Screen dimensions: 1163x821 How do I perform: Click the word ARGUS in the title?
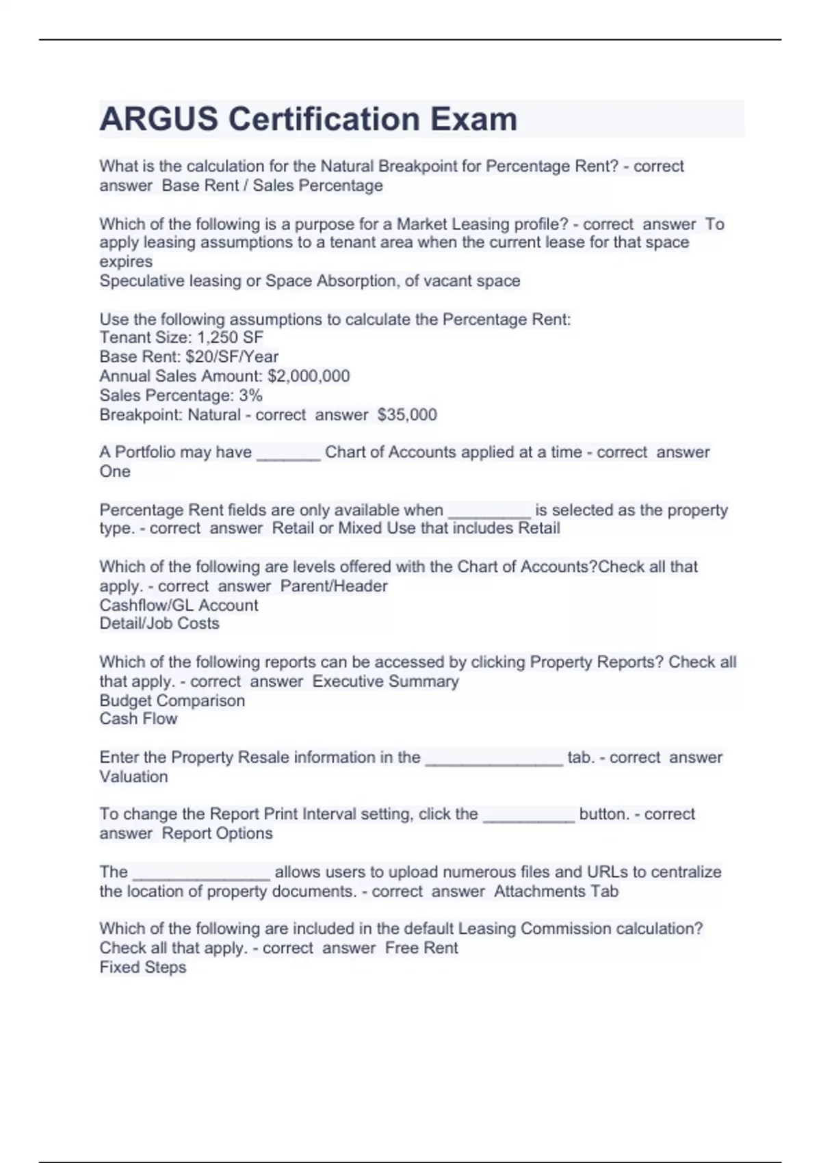158,119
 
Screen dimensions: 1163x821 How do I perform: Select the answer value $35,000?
407,415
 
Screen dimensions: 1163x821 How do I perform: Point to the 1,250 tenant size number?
217,337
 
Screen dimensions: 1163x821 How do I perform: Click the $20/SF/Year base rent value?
232,356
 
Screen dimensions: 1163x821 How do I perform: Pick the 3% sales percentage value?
250,395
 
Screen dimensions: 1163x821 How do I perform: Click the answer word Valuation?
133,776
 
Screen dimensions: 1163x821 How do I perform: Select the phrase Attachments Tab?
556,891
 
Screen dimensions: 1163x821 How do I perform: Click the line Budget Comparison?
172,701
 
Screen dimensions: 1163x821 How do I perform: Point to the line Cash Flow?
138,719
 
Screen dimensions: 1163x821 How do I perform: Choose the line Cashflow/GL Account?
179,605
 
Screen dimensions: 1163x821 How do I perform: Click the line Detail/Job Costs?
159,623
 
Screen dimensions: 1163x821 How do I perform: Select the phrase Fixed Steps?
142,967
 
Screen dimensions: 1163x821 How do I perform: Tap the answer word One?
115,471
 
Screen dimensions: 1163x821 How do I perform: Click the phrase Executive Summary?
386,681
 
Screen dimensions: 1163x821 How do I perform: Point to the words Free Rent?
421,948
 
